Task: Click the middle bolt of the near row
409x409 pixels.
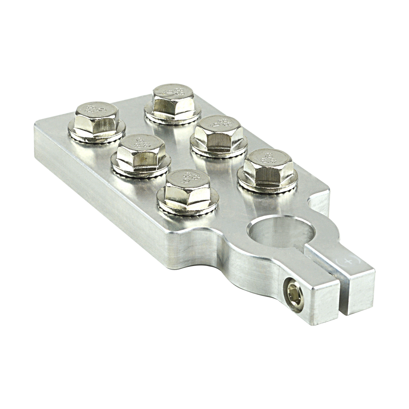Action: coord(139,153)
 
